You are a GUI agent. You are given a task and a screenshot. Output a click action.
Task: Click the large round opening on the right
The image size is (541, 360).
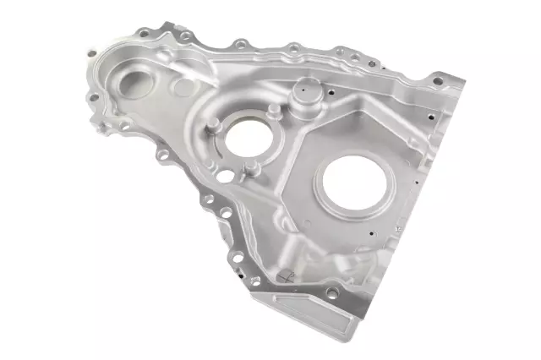tap(354, 185)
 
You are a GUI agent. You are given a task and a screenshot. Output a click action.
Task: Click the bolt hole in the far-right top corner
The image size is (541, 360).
tap(437, 82)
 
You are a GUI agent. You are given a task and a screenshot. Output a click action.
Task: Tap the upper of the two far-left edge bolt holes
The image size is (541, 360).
tap(90, 54)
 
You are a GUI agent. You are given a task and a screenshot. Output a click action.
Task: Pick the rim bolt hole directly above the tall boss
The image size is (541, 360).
tap(292, 49)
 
